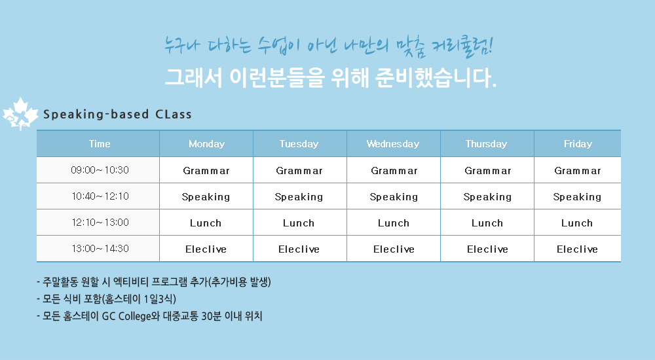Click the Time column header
pyautogui.click(x=100, y=144)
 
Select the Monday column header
pyautogui.click(x=206, y=144)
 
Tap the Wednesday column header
pyautogui.click(x=392, y=144)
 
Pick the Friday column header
pyautogui.click(x=578, y=144)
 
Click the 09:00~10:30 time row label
pyautogui.click(x=100, y=170)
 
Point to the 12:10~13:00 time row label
pyautogui.click(x=100, y=222)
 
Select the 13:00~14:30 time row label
pyautogui.click(x=100, y=249)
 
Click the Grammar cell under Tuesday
pyautogui.click(x=299, y=171)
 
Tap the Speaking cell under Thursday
pyautogui.click(x=487, y=197)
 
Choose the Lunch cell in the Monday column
pyautogui.click(x=206, y=223)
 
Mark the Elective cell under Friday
pyautogui.click(x=577, y=249)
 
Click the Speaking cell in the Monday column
pyautogui.click(x=206, y=197)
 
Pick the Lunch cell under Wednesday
pyautogui.click(x=394, y=223)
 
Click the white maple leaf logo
pyautogui.click(x=20, y=114)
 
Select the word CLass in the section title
pyautogui.click(x=174, y=115)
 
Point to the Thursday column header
pyautogui.click(x=486, y=144)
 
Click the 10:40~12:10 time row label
pyautogui.click(x=100, y=196)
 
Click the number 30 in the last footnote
pyautogui.click(x=206, y=316)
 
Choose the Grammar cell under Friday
pyautogui.click(x=577, y=171)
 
